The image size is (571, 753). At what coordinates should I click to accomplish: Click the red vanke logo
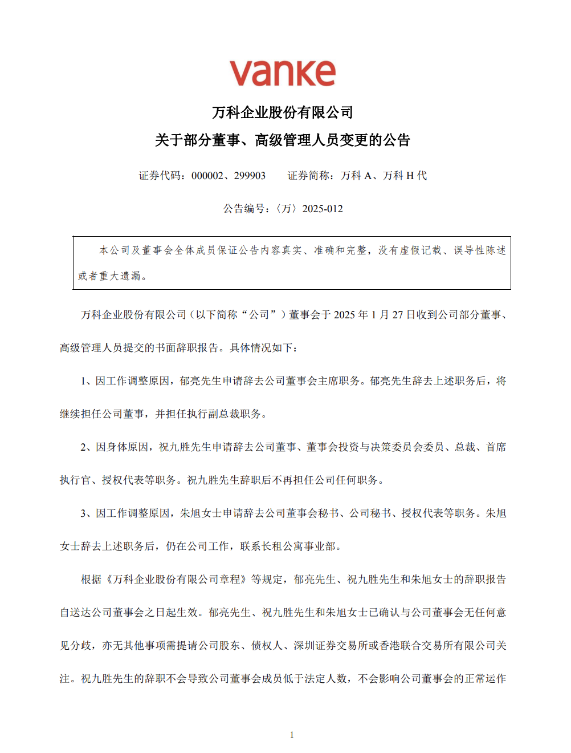click(282, 74)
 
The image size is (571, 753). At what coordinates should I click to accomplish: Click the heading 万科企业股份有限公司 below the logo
click(283, 112)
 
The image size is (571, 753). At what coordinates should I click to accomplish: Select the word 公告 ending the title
click(397, 140)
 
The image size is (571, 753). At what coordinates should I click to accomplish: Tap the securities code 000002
click(207, 176)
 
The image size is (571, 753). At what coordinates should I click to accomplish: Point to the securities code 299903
click(250, 176)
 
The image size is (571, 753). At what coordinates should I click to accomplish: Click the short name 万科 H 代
click(405, 176)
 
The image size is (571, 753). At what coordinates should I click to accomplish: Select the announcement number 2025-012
click(323, 209)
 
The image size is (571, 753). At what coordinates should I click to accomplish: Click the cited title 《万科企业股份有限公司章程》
click(177, 580)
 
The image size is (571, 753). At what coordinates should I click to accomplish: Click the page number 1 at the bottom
click(292, 735)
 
